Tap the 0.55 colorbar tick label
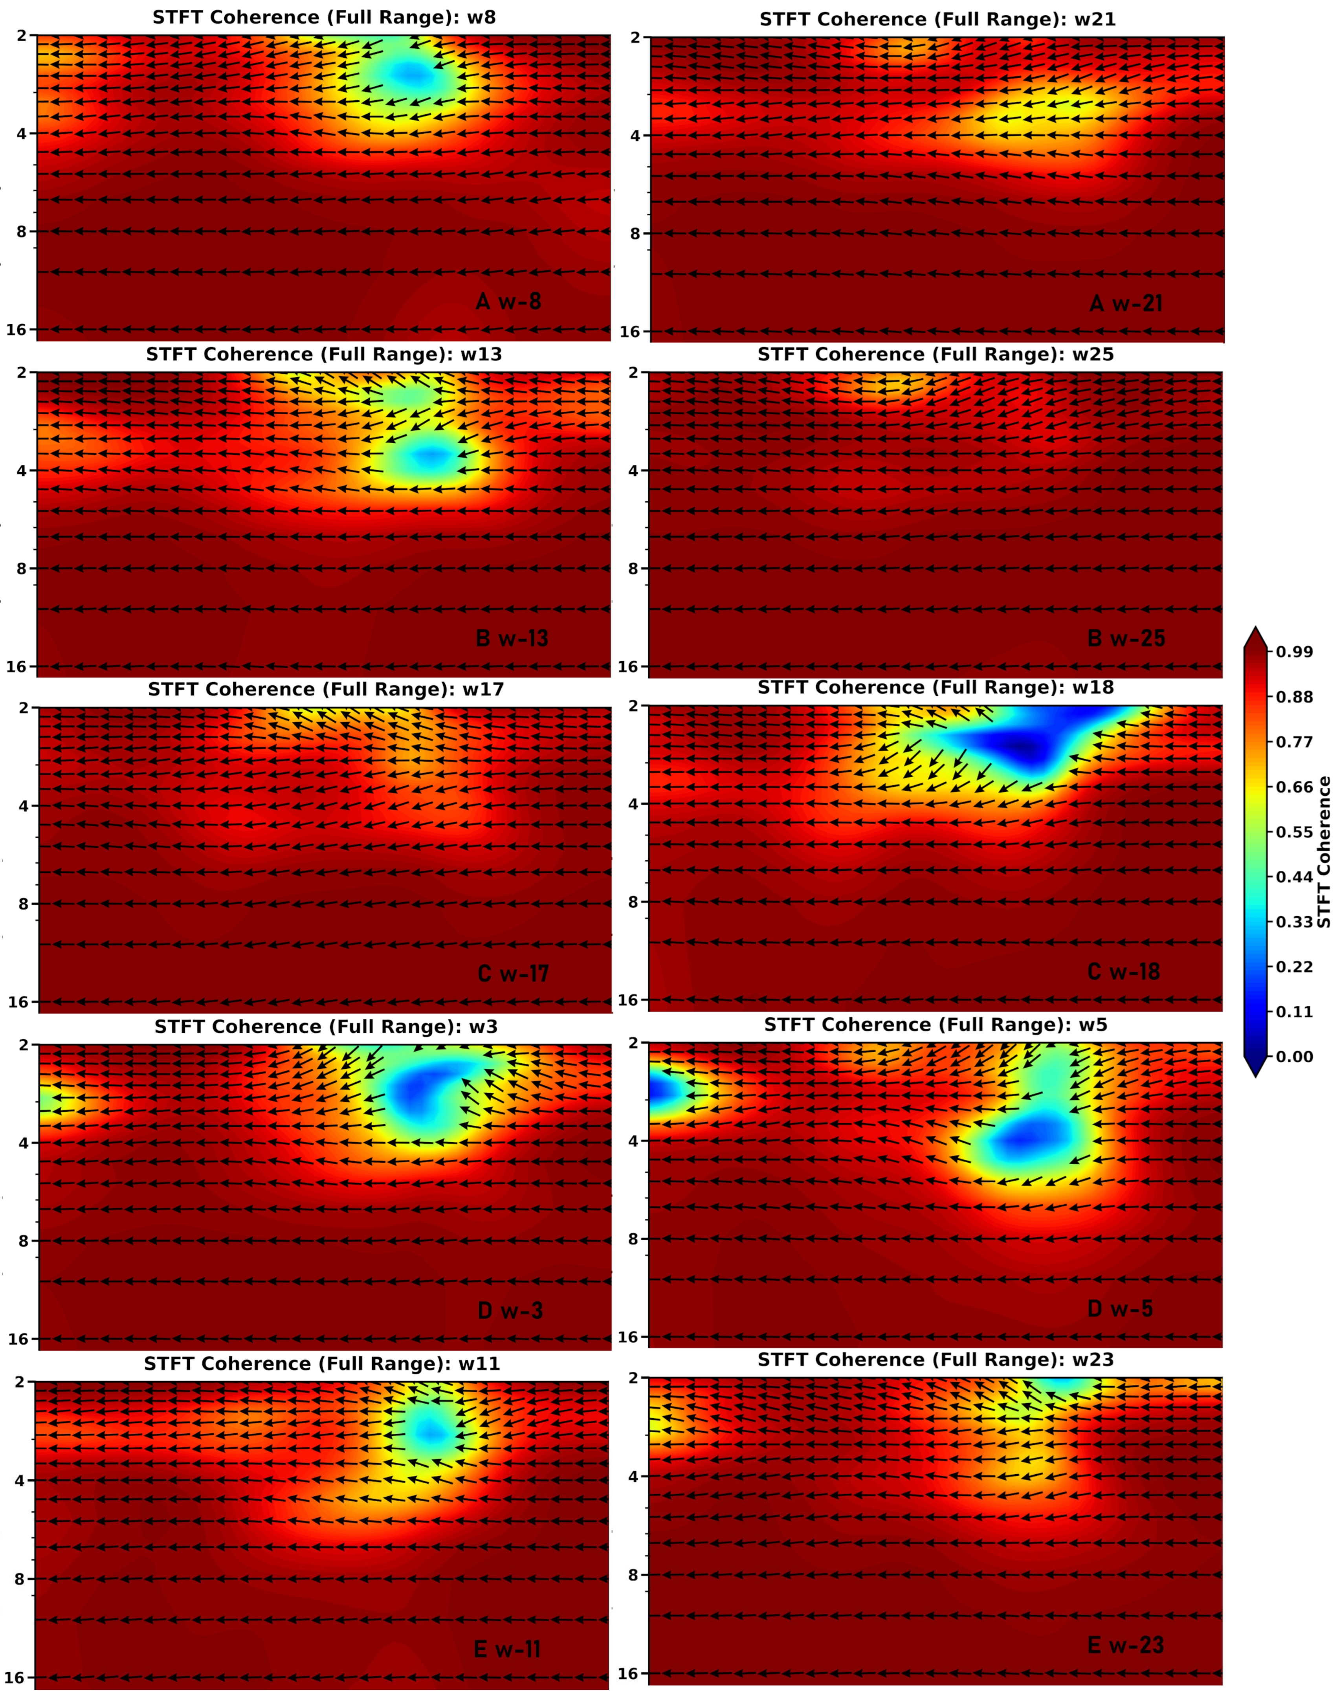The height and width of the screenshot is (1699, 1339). (x=1294, y=832)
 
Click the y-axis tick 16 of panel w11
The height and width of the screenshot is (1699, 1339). (x=16, y=1678)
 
